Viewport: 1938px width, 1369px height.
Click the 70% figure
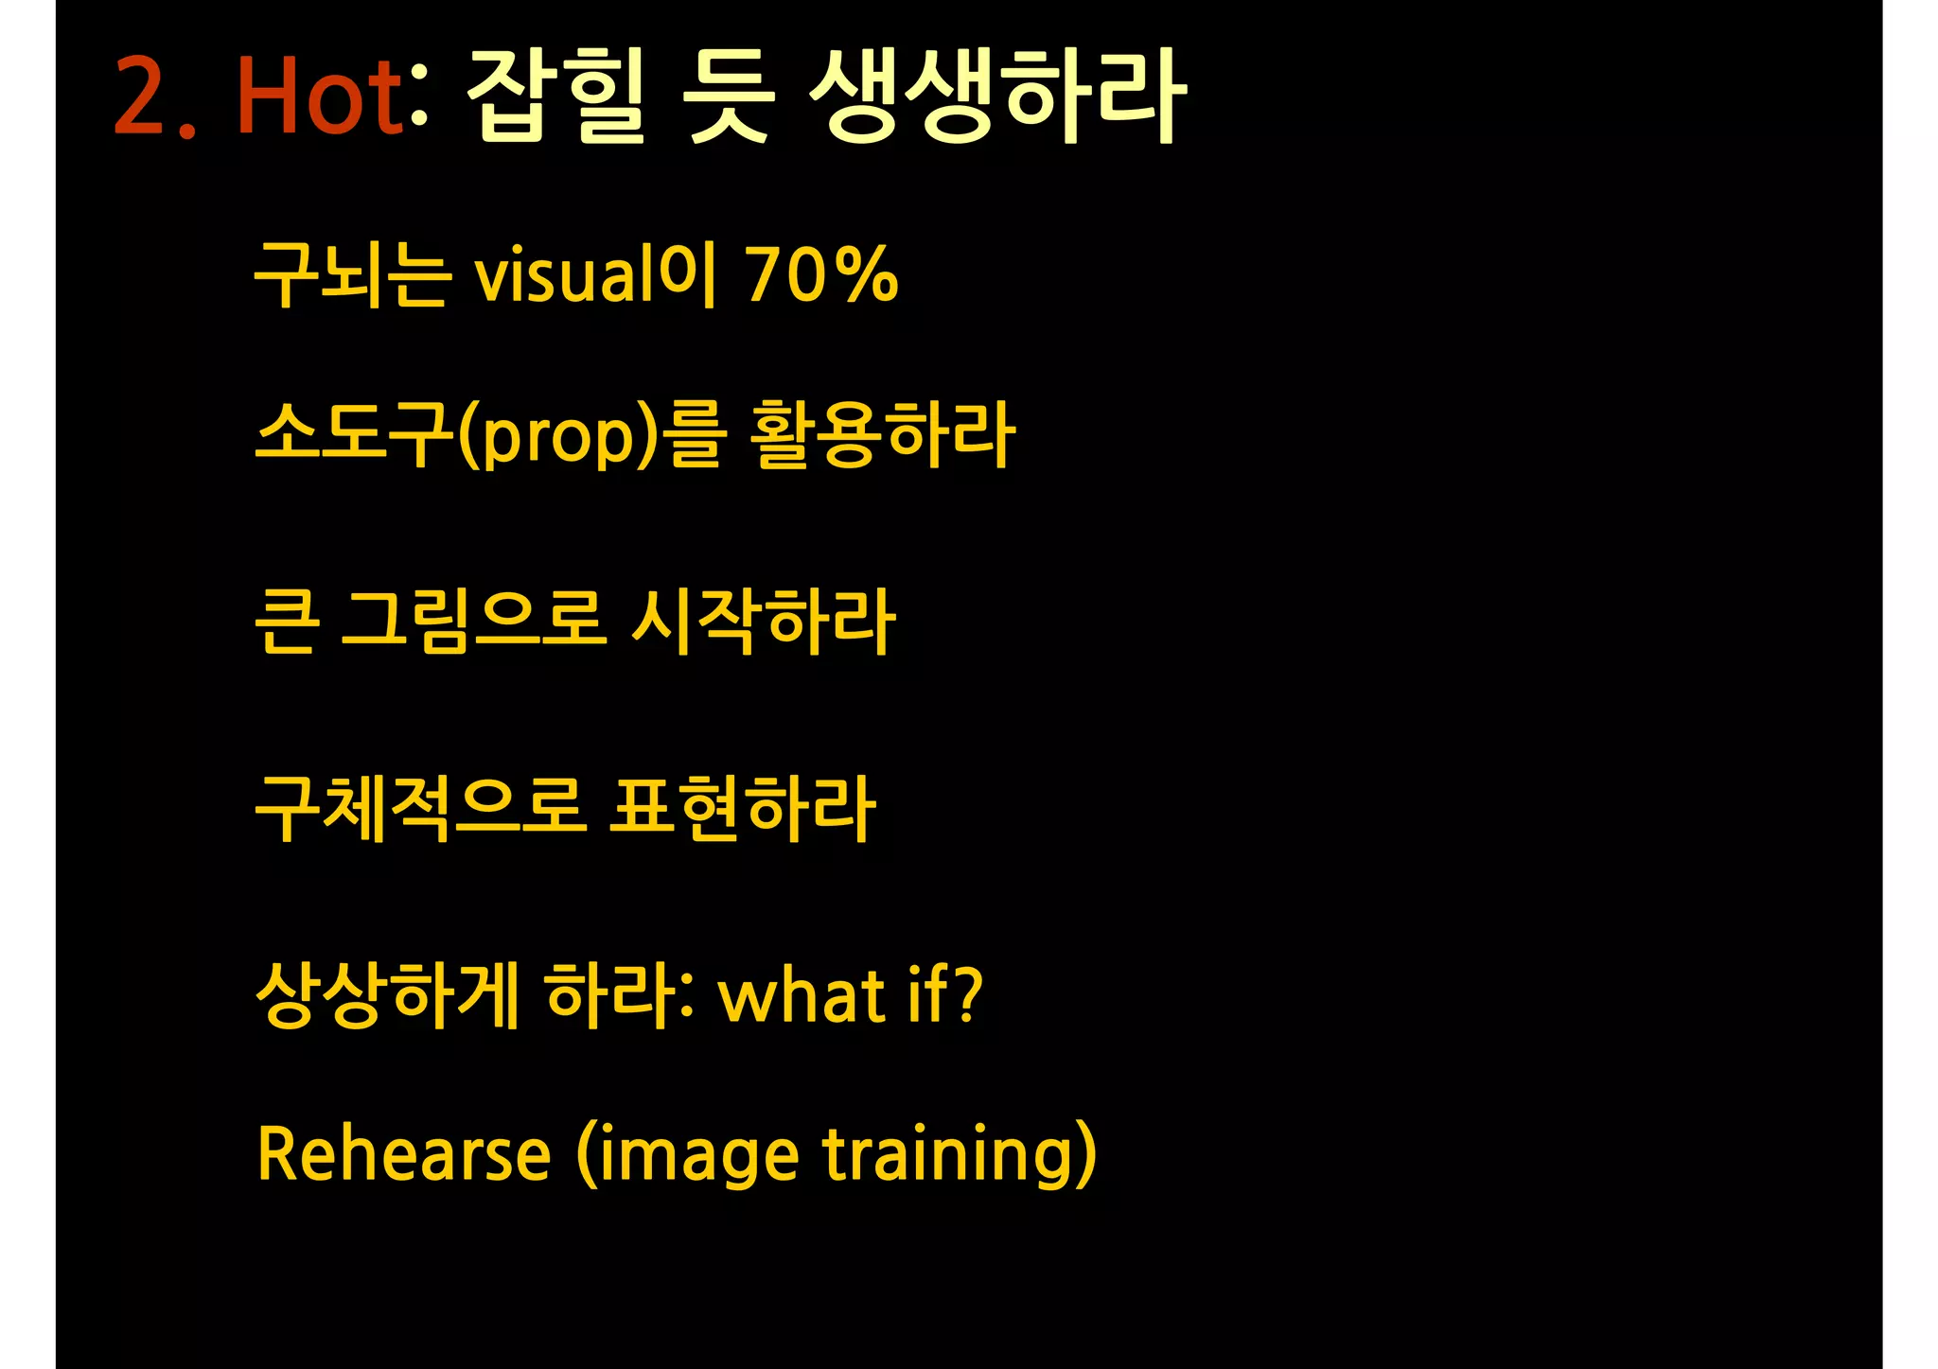click(821, 275)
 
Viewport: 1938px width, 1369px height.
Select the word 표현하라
click(742, 809)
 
